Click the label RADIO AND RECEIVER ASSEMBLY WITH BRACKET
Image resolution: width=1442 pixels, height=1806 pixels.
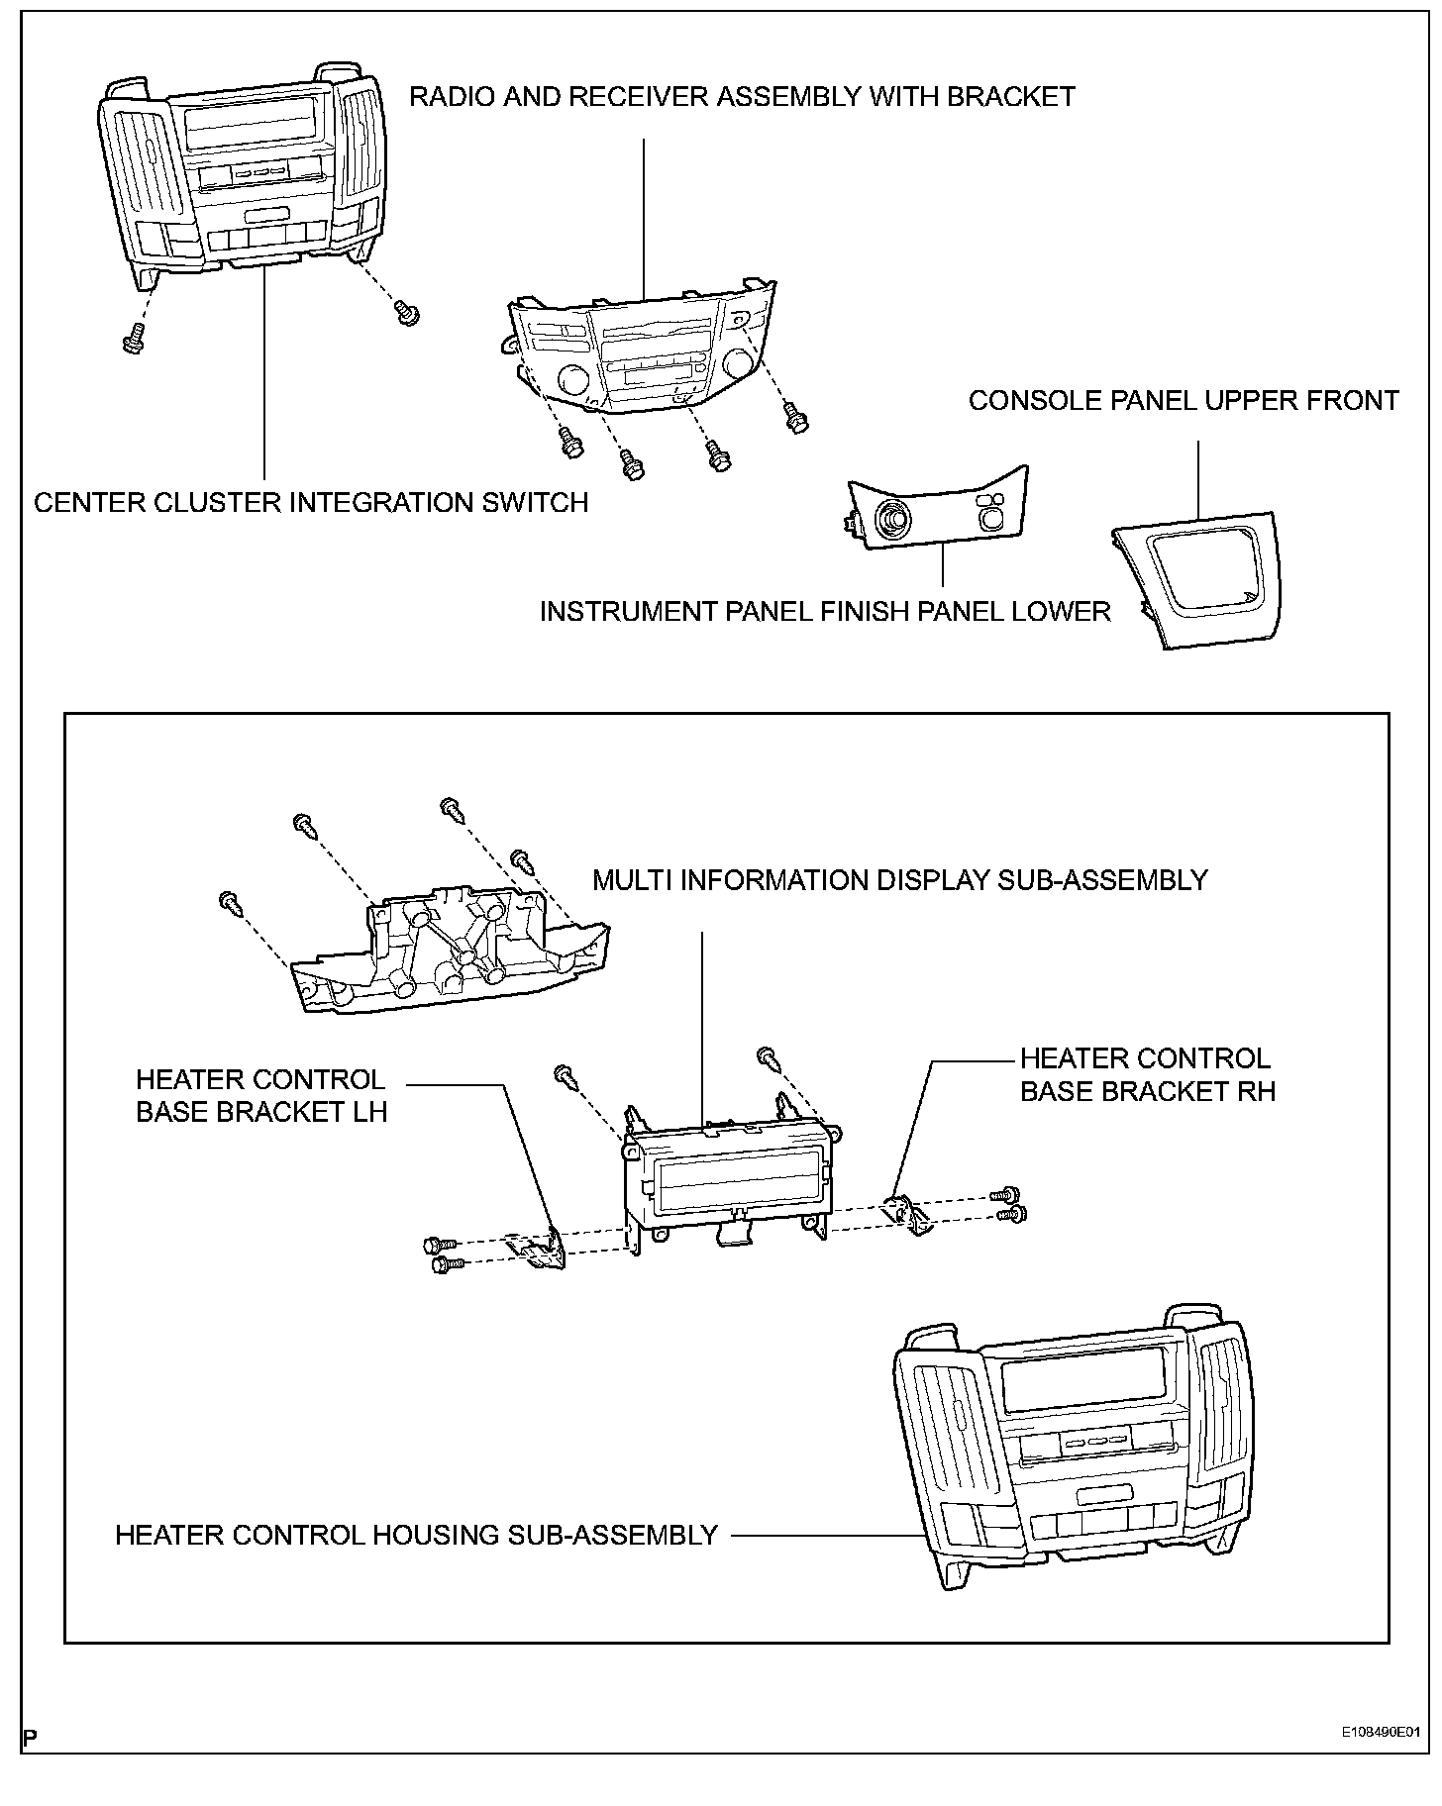click(742, 97)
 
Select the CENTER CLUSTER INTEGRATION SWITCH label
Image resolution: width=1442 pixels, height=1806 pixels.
click(311, 503)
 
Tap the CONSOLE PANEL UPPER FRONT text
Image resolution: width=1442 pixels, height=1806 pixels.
click(1183, 401)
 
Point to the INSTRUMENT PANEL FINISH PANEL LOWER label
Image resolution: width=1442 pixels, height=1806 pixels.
click(824, 611)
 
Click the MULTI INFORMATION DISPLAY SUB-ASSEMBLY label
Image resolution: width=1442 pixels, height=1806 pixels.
click(899, 880)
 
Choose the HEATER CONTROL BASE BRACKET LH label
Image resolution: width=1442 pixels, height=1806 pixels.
click(260, 1095)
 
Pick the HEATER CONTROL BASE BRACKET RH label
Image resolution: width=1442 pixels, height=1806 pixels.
click(1147, 1074)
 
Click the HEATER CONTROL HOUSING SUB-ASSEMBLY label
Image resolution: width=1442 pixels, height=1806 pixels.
click(416, 1536)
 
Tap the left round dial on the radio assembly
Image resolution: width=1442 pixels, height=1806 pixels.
click(572, 379)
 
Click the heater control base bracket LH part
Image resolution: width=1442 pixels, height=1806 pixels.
click(538, 1250)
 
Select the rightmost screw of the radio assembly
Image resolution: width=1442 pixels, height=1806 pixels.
click(795, 417)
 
